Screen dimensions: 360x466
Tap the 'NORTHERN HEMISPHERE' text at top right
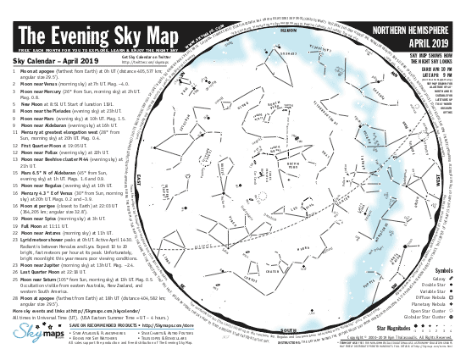[x=413, y=31]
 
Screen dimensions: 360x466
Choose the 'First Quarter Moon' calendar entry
[x=52, y=145]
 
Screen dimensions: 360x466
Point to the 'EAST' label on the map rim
[x=137, y=180]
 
